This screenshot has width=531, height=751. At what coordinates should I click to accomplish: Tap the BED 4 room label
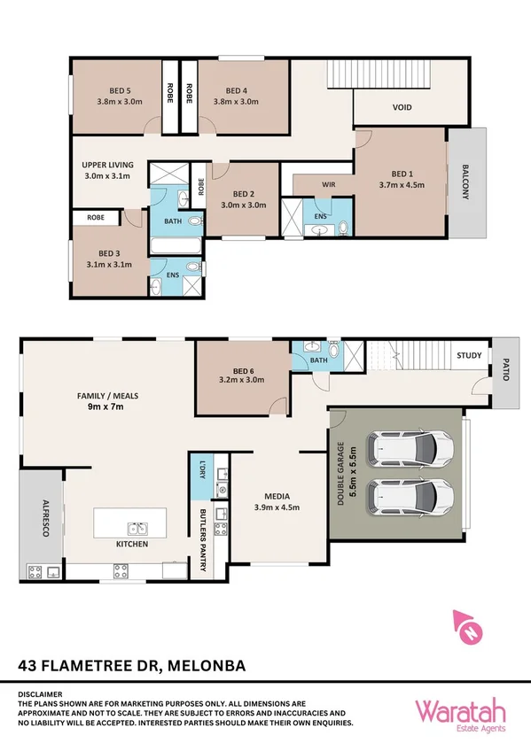[235, 89]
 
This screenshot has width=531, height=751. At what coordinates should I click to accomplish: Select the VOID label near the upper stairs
[402, 108]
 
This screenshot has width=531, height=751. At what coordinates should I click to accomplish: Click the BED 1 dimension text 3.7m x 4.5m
[402, 186]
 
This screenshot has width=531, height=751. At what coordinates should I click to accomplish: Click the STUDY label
[470, 356]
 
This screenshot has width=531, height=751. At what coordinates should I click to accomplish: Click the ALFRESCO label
[37, 515]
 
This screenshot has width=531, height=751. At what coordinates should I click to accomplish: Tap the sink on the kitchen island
[137, 530]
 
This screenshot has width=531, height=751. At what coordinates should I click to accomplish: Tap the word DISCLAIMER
[42, 694]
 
